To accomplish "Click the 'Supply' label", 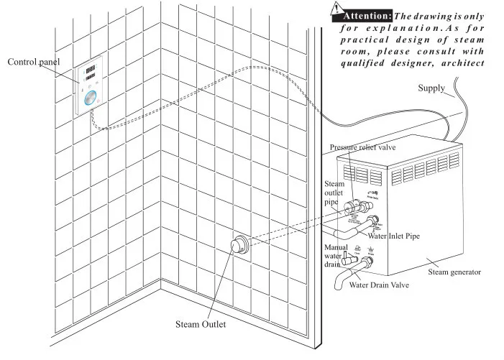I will click(x=431, y=88).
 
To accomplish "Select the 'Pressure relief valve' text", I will click(x=363, y=148).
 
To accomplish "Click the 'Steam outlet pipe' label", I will click(x=334, y=193).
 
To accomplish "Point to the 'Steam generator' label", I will click(x=454, y=272).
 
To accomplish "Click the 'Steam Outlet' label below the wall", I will click(x=201, y=324).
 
